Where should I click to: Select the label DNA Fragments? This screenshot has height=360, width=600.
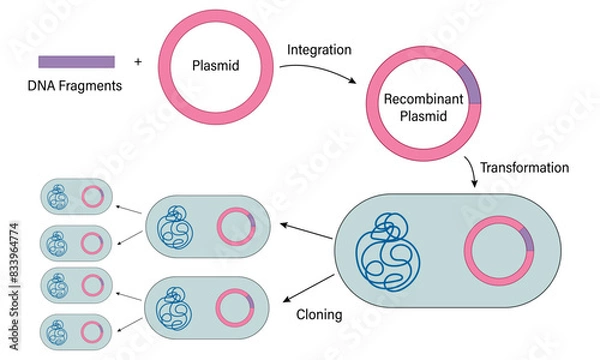point(74,86)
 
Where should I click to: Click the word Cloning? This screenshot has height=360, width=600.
point(320,314)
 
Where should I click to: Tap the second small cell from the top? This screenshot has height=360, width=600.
point(74,240)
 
